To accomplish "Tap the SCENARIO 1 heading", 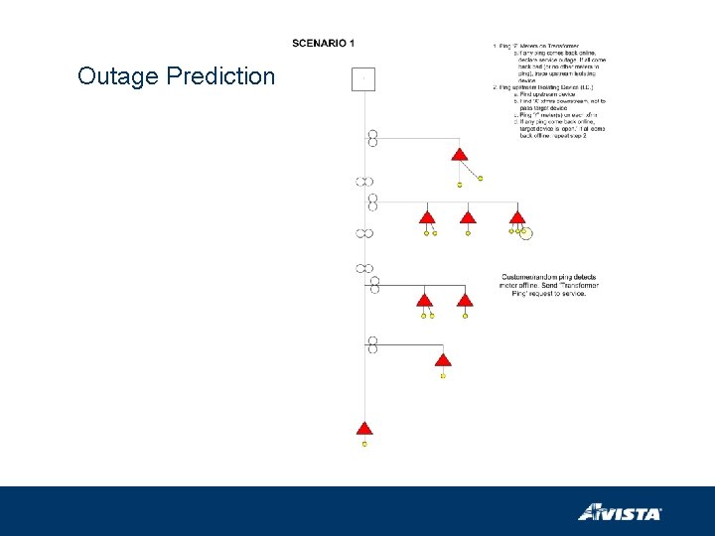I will [x=323, y=43].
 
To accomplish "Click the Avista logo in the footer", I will [x=620, y=512].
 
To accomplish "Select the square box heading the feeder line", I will [x=363, y=78].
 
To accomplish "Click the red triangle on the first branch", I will [x=459, y=155].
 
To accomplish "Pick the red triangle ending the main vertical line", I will [x=364, y=428].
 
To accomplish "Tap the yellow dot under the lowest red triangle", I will [x=364, y=444].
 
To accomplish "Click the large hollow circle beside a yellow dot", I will [x=526, y=233].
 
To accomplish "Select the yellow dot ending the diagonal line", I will [x=481, y=179].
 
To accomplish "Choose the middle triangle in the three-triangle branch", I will [x=468, y=217].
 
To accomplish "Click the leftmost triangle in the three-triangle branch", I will [x=427, y=217].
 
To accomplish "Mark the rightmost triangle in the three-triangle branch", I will [x=516, y=217].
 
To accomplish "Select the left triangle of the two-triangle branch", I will [x=424, y=300].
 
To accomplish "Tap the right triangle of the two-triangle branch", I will [x=464, y=300].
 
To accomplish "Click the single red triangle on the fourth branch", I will [x=443, y=359].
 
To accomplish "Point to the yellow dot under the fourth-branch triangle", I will [x=443, y=376].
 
